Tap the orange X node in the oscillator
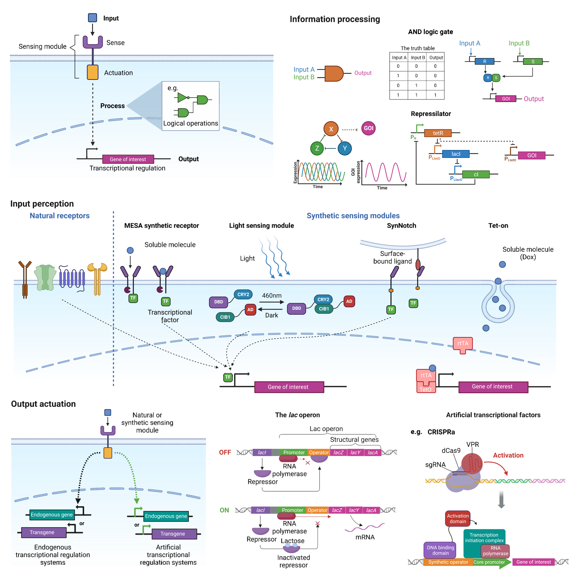[x=331, y=129]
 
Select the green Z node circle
[x=317, y=148]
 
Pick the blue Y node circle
[x=345, y=148]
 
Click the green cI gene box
[x=476, y=174]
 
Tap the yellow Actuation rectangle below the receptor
[x=93, y=72]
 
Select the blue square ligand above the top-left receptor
[x=92, y=18]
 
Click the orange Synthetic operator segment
[x=448, y=562]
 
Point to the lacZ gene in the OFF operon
[x=338, y=453]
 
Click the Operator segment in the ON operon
[x=317, y=510]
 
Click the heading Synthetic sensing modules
[x=353, y=216]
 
